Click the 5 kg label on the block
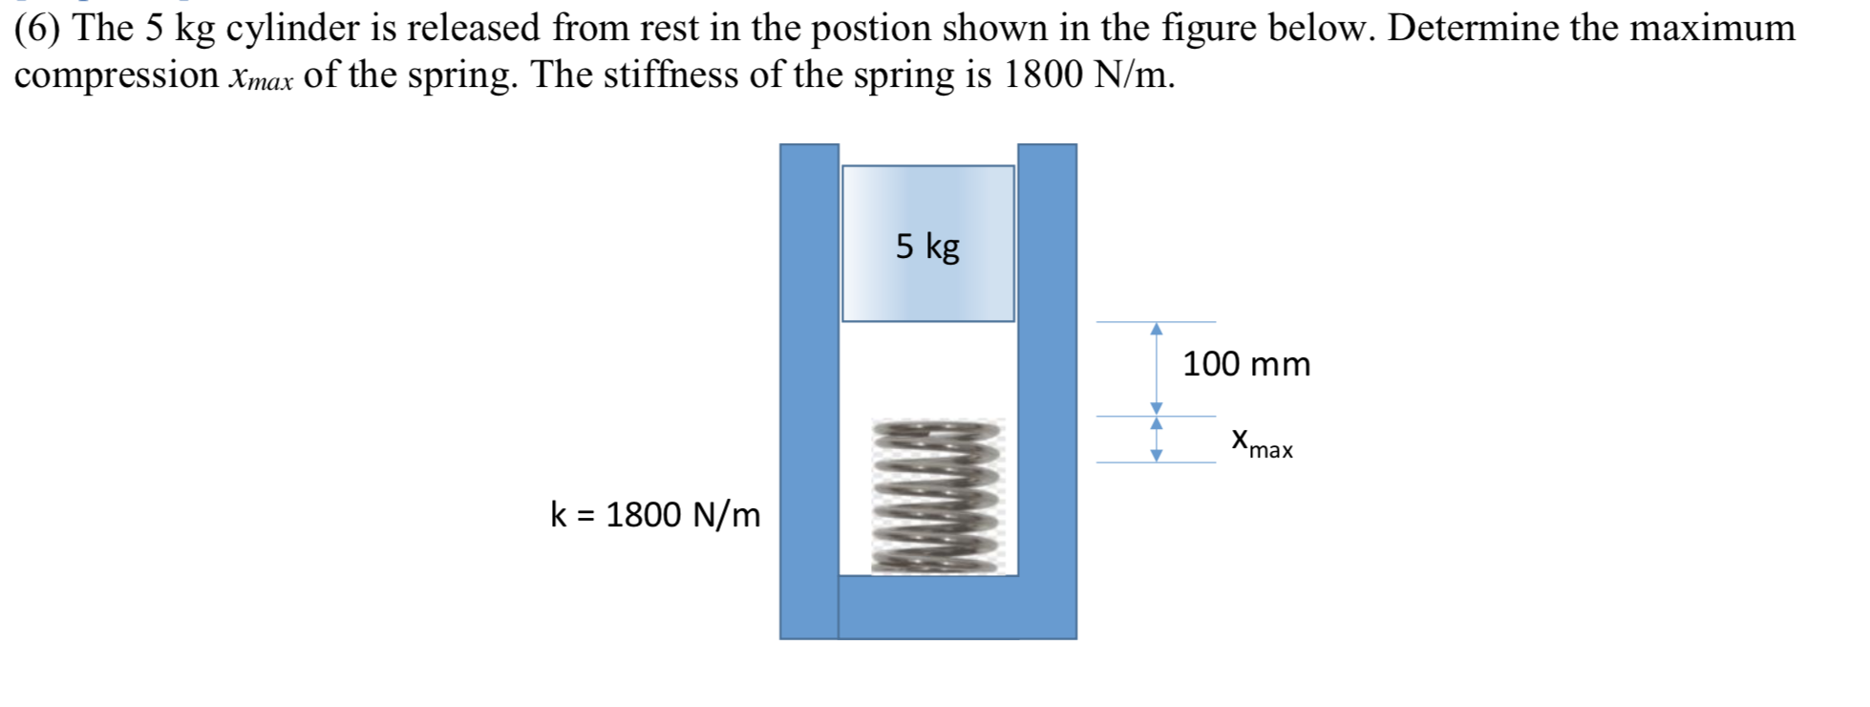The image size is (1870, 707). click(x=927, y=246)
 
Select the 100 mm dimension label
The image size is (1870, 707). click(x=1246, y=364)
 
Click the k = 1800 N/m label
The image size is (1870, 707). click(x=655, y=515)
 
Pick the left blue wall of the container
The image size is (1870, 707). click(x=809, y=382)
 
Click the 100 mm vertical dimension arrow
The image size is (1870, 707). click(x=1157, y=369)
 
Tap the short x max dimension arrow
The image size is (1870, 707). click(x=1157, y=439)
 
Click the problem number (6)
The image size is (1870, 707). click(x=39, y=29)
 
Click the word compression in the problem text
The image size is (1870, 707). click(x=117, y=75)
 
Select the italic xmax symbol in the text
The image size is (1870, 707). click(x=260, y=77)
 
